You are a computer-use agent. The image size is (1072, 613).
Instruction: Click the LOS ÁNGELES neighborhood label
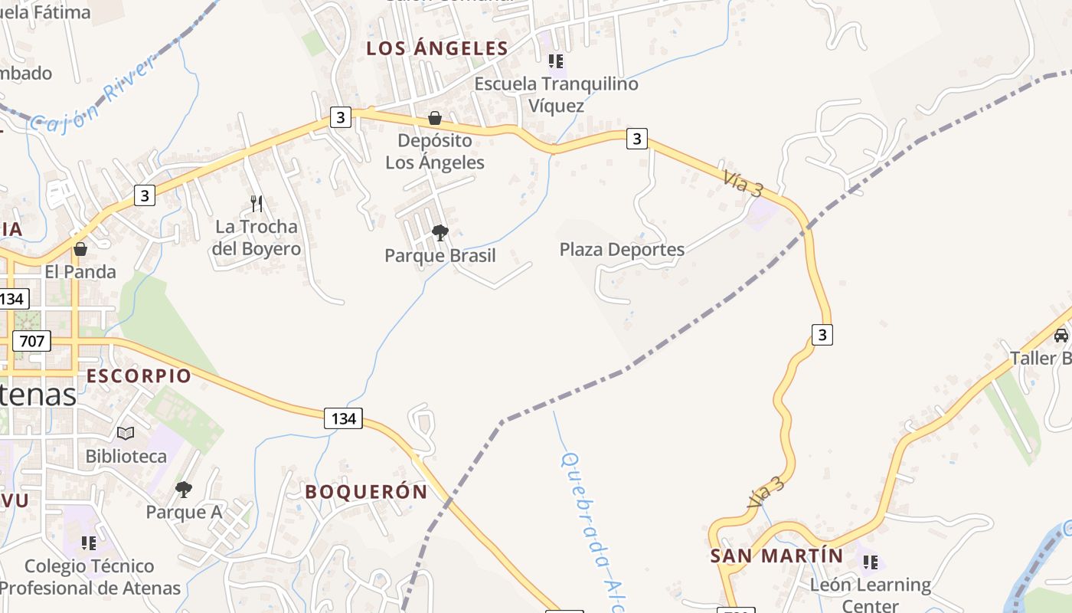point(437,48)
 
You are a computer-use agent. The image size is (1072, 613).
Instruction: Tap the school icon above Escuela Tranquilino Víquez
point(556,61)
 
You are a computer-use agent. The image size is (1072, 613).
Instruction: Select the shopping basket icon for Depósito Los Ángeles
point(435,118)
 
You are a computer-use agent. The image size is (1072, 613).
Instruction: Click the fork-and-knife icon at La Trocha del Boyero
point(257,203)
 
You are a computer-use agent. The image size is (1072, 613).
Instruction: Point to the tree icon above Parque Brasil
point(440,232)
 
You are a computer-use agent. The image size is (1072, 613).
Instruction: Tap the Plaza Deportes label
point(622,250)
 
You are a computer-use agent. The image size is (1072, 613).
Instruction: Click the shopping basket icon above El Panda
point(80,249)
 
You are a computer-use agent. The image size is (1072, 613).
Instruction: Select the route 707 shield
point(31,340)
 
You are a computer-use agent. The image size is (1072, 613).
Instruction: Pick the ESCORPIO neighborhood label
point(139,376)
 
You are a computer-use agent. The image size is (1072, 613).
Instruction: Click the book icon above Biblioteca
point(126,434)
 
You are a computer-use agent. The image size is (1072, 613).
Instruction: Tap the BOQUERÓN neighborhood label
point(366,492)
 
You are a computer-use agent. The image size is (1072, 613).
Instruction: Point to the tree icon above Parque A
point(184,489)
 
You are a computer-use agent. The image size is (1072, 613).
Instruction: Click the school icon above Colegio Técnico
point(89,543)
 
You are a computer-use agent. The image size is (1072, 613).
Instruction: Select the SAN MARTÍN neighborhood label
point(776,556)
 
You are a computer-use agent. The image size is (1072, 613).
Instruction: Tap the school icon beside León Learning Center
point(871,562)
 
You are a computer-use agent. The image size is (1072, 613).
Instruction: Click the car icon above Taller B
point(1061,336)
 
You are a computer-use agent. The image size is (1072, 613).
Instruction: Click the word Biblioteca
point(126,457)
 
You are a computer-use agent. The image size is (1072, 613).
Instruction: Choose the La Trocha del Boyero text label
point(257,238)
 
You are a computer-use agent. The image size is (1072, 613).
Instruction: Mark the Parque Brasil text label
point(440,256)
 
